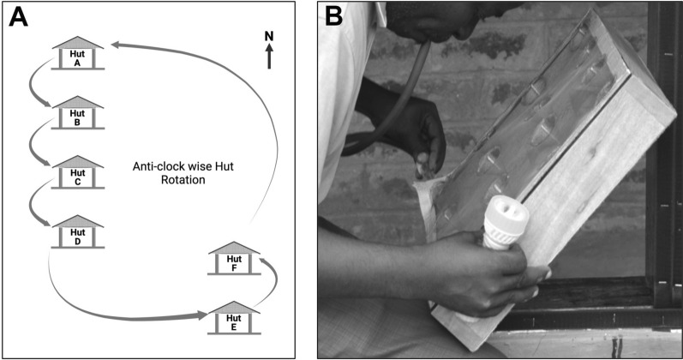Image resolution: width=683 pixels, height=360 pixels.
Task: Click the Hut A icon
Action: click(78, 53)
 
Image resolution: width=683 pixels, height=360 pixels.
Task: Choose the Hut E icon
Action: click(234, 319)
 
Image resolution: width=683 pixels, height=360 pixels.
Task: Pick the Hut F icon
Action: click(234, 260)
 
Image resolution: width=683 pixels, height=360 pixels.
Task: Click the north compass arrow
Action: click(269, 57)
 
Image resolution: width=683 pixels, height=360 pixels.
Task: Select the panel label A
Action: click(19, 17)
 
